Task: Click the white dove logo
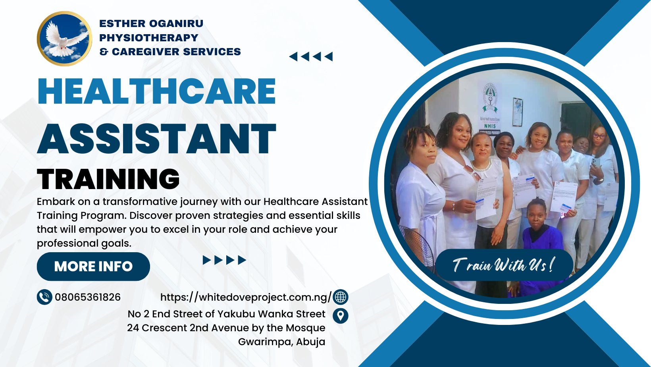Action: point(64,39)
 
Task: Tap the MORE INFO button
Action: point(93,267)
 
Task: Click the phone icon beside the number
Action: point(44,297)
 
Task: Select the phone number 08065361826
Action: point(87,297)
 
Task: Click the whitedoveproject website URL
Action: point(246,297)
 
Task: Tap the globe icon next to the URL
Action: point(341,297)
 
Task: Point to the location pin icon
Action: point(341,316)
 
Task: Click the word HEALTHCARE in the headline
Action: point(157,91)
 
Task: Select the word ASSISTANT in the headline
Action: point(157,139)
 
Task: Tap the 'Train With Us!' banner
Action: point(504,265)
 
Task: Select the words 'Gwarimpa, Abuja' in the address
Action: point(281,342)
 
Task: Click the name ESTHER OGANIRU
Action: point(151,23)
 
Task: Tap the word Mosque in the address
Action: point(305,328)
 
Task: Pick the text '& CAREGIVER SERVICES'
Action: point(170,52)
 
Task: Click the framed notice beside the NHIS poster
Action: point(518,112)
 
